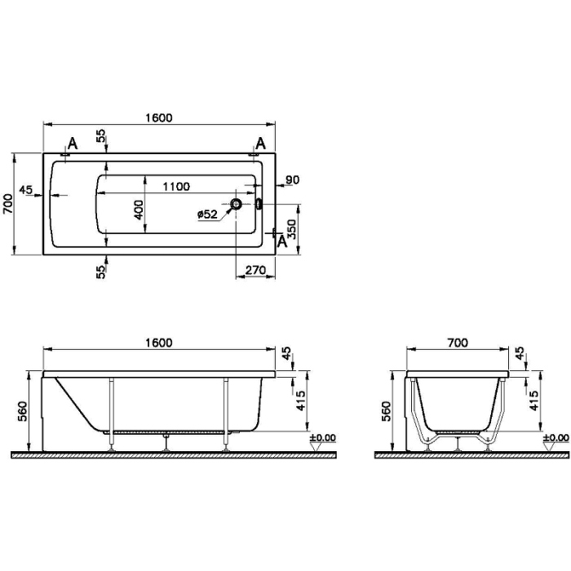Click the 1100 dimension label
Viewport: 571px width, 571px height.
(176, 187)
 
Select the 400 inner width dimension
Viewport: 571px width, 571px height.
(139, 210)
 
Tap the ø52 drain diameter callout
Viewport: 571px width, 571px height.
(207, 214)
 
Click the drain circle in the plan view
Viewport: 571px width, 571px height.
(237, 204)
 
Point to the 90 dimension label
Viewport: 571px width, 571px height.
(292, 180)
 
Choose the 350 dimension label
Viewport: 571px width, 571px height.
(292, 229)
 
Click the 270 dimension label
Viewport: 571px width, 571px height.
(255, 270)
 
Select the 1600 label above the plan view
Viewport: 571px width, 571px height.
(159, 118)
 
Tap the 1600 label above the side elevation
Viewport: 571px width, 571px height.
(159, 343)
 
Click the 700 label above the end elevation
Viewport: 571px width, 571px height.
(458, 343)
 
